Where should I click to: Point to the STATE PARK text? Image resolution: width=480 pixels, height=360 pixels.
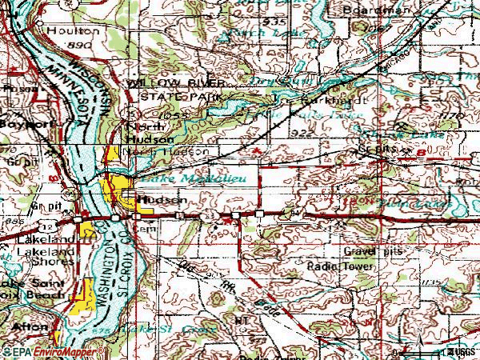(171, 96)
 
